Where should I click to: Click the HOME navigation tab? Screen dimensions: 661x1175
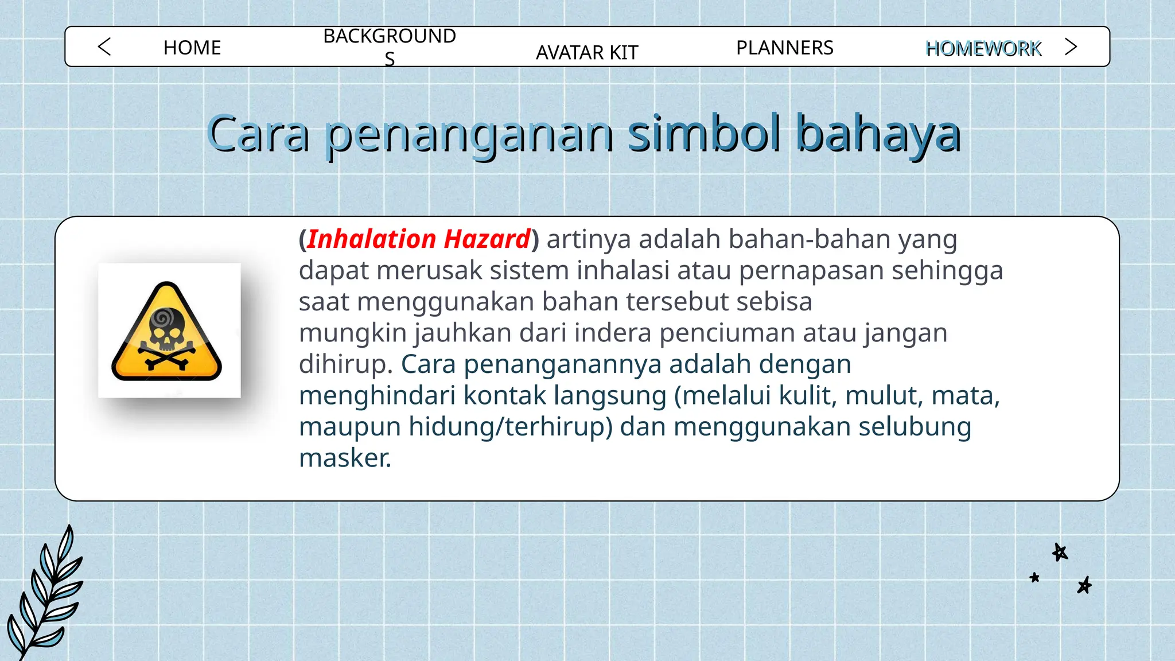192,48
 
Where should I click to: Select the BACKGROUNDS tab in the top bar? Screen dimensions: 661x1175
390,46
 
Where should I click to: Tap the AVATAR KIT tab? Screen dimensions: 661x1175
587,53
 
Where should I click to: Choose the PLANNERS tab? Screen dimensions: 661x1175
784,48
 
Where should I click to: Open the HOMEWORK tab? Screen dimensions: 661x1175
983,49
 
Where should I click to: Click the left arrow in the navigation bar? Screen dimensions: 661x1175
104,46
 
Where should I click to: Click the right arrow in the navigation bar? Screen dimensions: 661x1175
1071,46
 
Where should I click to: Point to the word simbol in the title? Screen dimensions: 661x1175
704,133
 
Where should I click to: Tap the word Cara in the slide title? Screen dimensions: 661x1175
258,134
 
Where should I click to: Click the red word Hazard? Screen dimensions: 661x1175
487,239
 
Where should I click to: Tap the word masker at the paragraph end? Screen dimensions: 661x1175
345,458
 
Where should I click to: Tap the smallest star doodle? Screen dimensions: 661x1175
1034,577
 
